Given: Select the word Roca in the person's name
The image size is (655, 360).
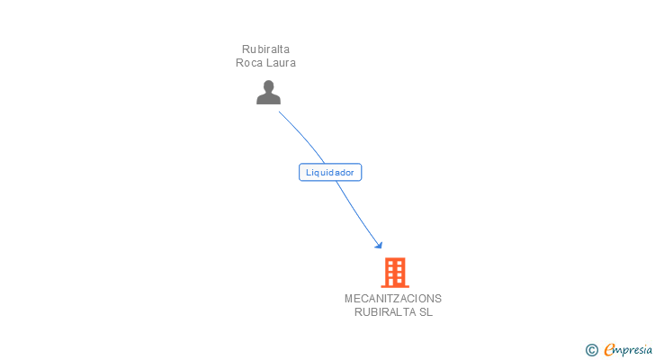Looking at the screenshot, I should [x=249, y=63].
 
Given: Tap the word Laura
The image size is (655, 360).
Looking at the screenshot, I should [x=281, y=63].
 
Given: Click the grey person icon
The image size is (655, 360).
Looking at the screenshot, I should [x=268, y=92].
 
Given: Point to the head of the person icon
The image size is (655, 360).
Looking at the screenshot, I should [x=268, y=86].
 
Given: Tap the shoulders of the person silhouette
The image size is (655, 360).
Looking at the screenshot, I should [x=268, y=99].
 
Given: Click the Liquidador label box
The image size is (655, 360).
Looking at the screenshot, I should [x=330, y=172].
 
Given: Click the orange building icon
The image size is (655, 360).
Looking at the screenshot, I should [x=394, y=272].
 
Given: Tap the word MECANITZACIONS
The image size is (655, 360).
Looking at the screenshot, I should [x=392, y=299].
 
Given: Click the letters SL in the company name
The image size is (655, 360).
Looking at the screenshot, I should [x=426, y=312].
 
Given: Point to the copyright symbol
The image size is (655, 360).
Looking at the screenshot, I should [x=591, y=350].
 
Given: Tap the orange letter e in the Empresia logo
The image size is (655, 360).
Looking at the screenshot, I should [x=609, y=350].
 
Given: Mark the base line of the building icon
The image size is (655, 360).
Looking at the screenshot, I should [x=394, y=285].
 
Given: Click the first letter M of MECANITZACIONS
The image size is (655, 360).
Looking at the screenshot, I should [x=348, y=299].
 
